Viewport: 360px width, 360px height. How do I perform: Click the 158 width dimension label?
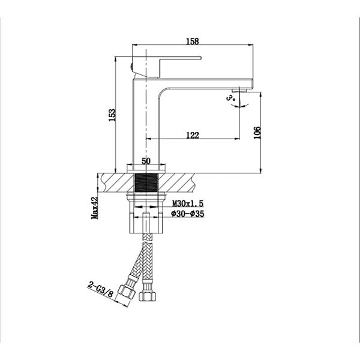click(193, 41)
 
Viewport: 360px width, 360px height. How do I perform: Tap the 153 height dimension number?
click(112, 115)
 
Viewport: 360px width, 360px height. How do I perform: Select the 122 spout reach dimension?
click(193, 135)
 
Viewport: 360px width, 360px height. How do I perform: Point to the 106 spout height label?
click(257, 133)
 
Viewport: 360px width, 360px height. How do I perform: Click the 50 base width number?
click(146, 161)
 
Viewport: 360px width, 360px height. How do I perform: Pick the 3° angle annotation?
click(230, 98)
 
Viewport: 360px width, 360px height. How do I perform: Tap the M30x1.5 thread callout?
click(188, 203)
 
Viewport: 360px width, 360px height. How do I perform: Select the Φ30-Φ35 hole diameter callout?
click(188, 214)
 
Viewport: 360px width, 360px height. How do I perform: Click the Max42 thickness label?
click(95, 208)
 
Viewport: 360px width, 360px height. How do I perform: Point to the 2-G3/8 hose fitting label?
click(101, 290)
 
